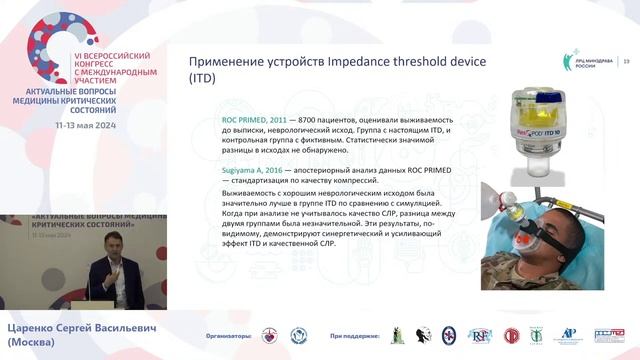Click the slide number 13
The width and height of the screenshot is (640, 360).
627,62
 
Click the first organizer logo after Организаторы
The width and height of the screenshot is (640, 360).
268,336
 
